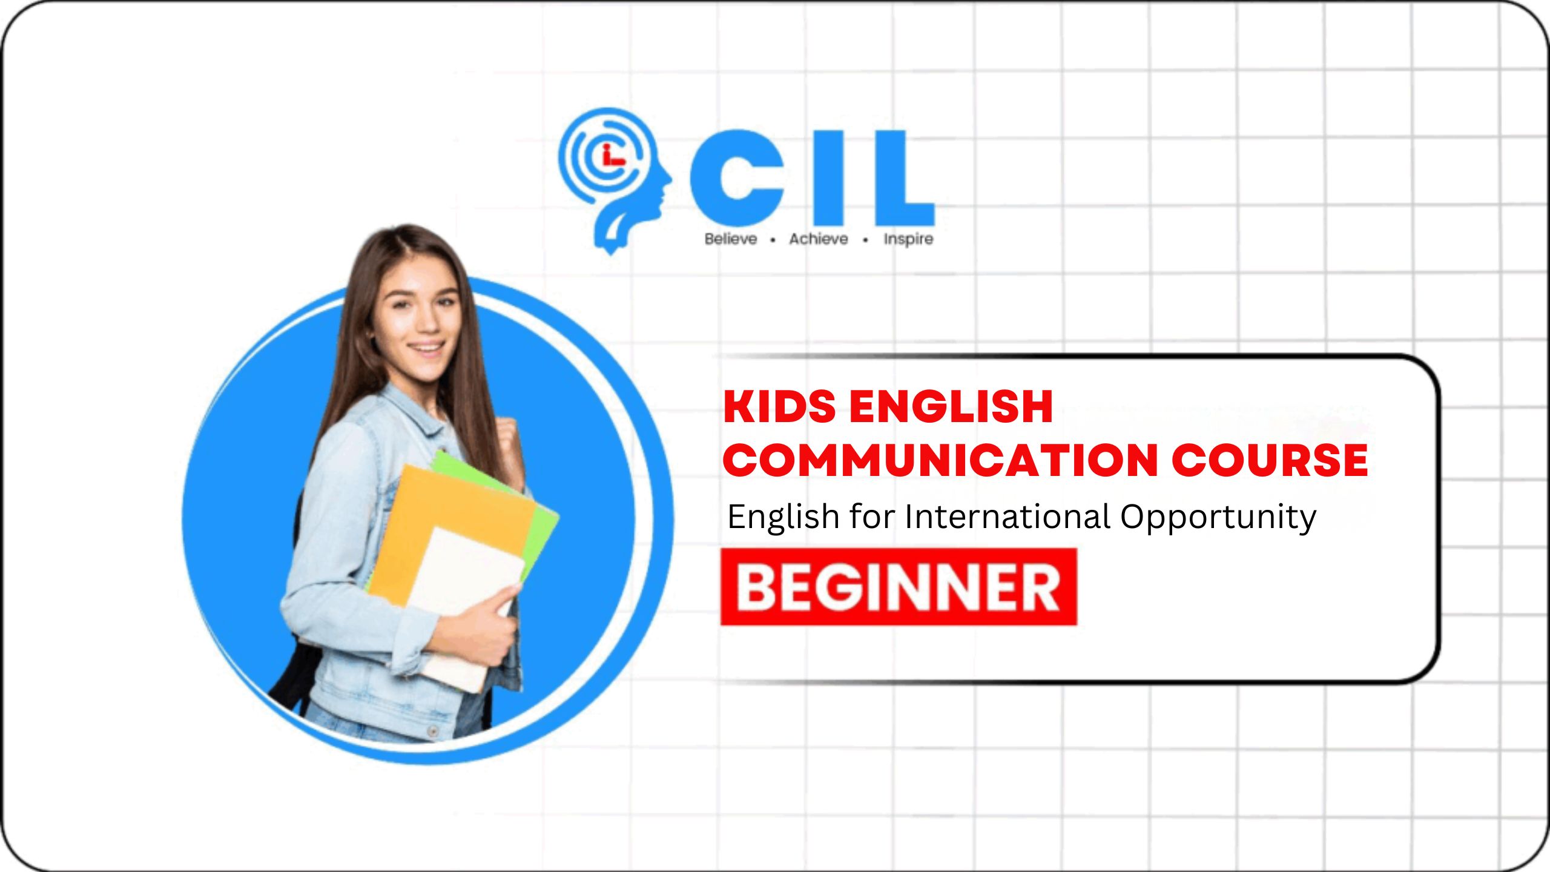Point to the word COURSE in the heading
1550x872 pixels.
pos(1270,460)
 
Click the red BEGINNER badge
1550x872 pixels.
pos(899,587)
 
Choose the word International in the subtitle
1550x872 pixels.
pos(1007,517)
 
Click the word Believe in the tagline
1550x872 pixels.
pos(731,239)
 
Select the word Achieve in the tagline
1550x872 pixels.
pos(819,239)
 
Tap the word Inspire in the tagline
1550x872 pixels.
pos(908,240)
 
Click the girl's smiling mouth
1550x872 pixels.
pos(426,348)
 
